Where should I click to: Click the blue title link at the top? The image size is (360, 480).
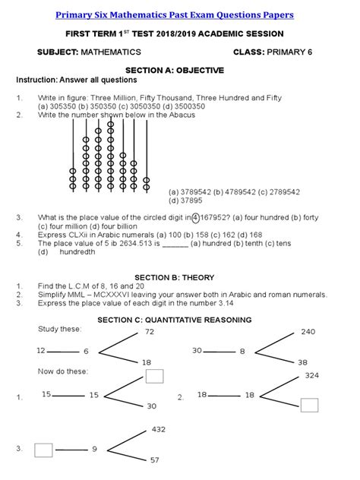point(179,15)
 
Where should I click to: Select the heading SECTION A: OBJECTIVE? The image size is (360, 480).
point(179,71)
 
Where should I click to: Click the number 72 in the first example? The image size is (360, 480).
point(150,332)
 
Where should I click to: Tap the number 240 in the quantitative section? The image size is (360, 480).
point(307,332)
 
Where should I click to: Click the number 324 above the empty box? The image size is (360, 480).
point(311,376)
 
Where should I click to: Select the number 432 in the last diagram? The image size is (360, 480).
point(158,429)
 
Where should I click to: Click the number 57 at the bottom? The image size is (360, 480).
point(154,460)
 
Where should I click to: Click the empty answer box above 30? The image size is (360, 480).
point(154,375)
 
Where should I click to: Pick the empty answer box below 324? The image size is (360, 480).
point(309,404)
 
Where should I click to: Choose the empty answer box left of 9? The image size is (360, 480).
point(43,449)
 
